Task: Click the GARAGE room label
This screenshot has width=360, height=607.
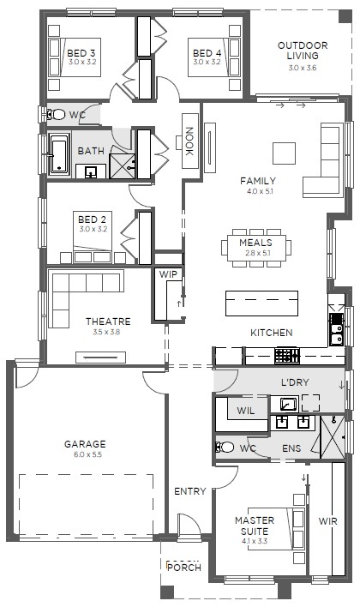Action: pyautogui.click(x=85, y=444)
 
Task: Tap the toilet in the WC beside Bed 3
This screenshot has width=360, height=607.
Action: pyautogui.click(x=56, y=114)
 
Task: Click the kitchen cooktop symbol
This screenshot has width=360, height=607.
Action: pyautogui.click(x=287, y=356)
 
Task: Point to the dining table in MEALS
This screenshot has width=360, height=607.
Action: pyautogui.click(x=256, y=248)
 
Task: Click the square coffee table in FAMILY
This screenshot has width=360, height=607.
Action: pyautogui.click(x=284, y=153)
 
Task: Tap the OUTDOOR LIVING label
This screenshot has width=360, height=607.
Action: pyautogui.click(x=303, y=51)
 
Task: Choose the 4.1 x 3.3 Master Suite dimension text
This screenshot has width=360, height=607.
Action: pyautogui.click(x=255, y=541)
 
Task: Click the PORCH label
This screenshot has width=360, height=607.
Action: pyautogui.click(x=184, y=568)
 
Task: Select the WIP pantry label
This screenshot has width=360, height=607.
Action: pyautogui.click(x=168, y=274)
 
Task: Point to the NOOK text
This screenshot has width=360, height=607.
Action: pyautogui.click(x=189, y=141)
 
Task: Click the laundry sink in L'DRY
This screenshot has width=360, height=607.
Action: pyautogui.click(x=289, y=404)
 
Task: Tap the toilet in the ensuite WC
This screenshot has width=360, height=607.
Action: pyautogui.click(x=225, y=448)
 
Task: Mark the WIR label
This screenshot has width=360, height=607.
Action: pyautogui.click(x=328, y=521)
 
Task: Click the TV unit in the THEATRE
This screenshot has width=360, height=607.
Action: pyautogui.click(x=100, y=358)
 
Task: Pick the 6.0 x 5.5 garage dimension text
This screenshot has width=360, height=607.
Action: pyautogui.click(x=88, y=455)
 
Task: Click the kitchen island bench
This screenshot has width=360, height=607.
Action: pyautogui.click(x=262, y=303)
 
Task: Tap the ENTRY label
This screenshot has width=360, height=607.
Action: pyautogui.click(x=189, y=491)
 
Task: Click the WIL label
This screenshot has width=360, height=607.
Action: pyautogui.click(x=246, y=411)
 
